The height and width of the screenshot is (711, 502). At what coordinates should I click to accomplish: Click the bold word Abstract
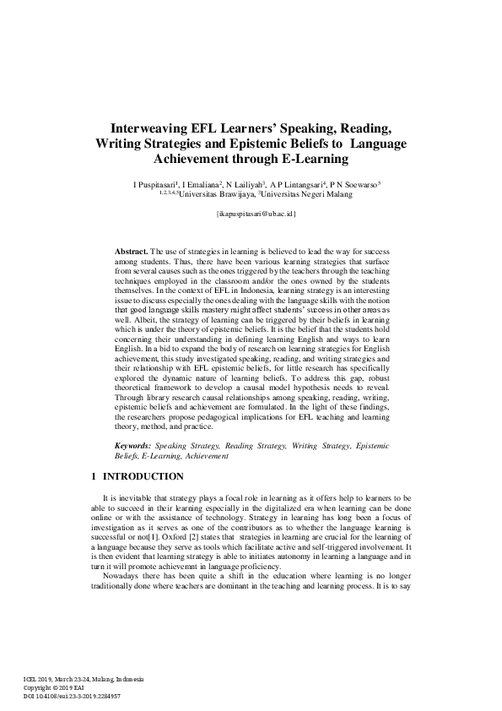click(x=130, y=252)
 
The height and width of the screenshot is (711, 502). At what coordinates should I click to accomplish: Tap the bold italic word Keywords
click(x=133, y=444)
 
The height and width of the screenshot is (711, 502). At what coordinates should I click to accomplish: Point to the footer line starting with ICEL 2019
click(x=84, y=679)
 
